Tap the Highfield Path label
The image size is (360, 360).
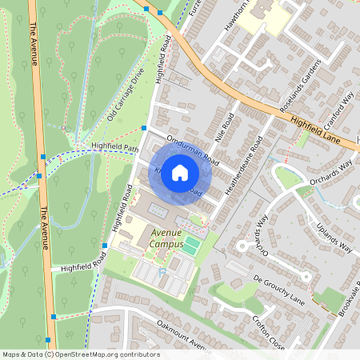115,147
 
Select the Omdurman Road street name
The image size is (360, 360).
189,147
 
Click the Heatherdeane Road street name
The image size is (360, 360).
245,166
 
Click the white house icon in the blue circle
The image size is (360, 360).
180,172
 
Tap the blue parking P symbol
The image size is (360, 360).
163,271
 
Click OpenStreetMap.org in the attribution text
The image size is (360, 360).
88,354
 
